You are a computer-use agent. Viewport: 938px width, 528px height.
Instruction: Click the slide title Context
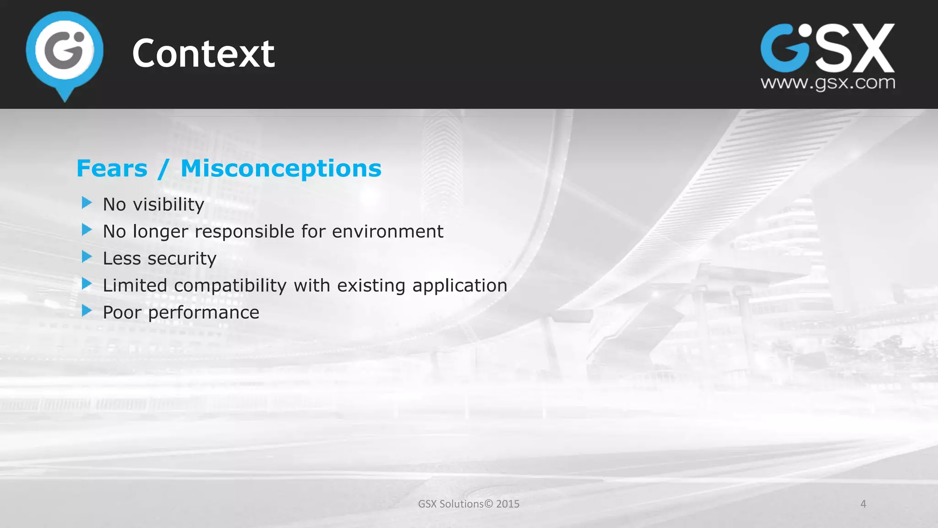pyautogui.click(x=203, y=54)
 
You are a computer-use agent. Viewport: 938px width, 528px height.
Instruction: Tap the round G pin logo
pyautogui.click(x=65, y=51)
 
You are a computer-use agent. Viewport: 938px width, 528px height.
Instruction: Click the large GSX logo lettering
pyautogui.click(x=827, y=49)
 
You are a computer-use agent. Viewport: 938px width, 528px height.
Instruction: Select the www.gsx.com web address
pyautogui.click(x=828, y=83)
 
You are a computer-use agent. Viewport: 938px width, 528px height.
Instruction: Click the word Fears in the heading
pyautogui.click(x=112, y=169)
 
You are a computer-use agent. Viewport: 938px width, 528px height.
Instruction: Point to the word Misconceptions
pyautogui.click(x=281, y=169)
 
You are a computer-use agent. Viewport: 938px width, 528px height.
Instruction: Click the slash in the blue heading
pyautogui.click(x=164, y=169)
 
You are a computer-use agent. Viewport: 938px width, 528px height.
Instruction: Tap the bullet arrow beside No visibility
pyautogui.click(x=87, y=203)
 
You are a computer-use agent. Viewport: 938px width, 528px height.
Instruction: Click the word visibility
pyautogui.click(x=169, y=204)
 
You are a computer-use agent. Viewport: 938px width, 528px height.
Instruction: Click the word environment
pyautogui.click(x=387, y=231)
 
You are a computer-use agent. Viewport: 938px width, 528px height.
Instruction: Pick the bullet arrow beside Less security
pyautogui.click(x=87, y=257)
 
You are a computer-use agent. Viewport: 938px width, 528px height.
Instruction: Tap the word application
pyautogui.click(x=459, y=286)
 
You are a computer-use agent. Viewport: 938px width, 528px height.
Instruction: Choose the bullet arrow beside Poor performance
pyautogui.click(x=87, y=311)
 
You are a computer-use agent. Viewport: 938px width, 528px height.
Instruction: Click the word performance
pyautogui.click(x=203, y=313)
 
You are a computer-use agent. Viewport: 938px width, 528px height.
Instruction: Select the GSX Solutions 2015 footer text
pyautogui.click(x=469, y=504)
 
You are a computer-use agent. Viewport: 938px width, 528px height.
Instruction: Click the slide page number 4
pyautogui.click(x=863, y=504)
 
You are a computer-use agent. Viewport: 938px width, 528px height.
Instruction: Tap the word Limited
pyautogui.click(x=135, y=286)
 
